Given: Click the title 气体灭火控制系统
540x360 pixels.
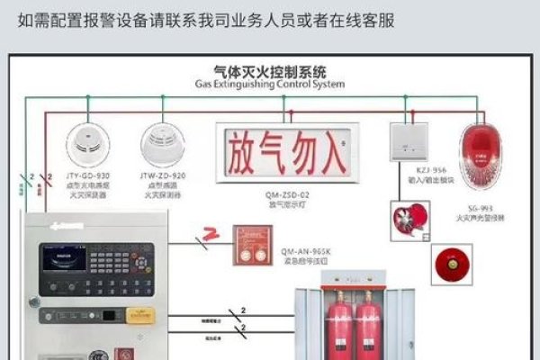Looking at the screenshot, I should pos(270,70).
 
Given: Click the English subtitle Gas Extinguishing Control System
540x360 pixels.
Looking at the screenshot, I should pos(270,84).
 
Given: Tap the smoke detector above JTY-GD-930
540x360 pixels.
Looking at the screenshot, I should pos(88,143).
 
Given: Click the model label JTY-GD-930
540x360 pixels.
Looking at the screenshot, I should pos(88,175).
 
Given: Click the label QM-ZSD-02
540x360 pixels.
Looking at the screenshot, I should pos(286,194).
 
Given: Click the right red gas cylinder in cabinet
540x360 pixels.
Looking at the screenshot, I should pos(370,324).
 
